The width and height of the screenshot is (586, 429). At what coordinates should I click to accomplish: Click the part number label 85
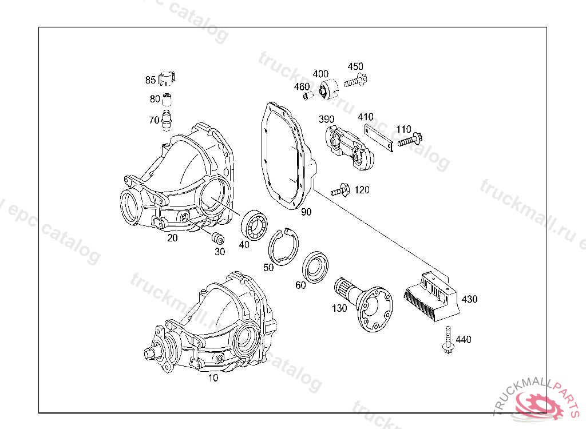(151, 80)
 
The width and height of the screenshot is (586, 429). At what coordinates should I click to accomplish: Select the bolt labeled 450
(355, 80)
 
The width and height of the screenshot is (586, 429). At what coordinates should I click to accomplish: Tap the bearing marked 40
(254, 225)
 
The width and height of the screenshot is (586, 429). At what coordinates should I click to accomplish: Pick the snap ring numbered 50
(284, 247)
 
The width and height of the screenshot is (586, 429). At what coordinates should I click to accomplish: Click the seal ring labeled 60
(315, 267)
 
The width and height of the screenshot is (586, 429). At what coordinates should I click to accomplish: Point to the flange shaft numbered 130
(363, 303)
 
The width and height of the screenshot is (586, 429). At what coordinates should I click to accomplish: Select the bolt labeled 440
(448, 340)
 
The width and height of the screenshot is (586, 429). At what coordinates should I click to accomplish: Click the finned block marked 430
(431, 296)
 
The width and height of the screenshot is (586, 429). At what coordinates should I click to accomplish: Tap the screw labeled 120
(340, 190)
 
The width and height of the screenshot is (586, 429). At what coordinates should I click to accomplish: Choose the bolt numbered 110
(410, 140)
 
